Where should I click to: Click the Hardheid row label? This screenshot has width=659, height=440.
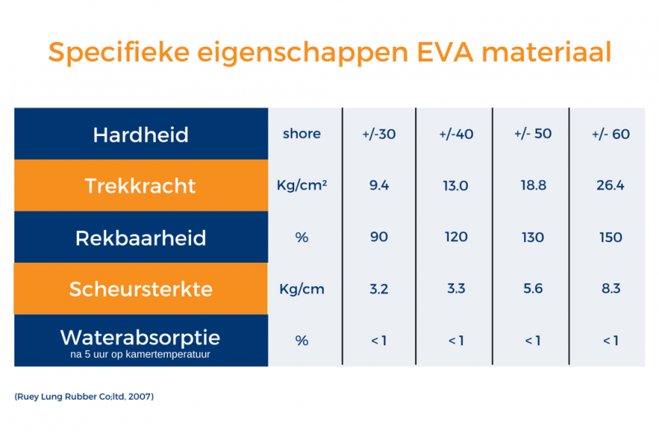(x=141, y=134)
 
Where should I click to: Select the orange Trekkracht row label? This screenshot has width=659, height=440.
(x=141, y=185)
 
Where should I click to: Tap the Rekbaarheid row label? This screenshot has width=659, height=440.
(x=141, y=238)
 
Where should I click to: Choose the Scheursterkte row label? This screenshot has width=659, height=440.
(x=141, y=289)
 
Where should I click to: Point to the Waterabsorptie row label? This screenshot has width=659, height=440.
(x=141, y=337)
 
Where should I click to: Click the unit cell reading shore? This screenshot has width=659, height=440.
(x=301, y=133)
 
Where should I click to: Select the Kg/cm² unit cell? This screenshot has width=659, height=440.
(x=301, y=185)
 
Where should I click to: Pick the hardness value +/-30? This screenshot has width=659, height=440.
(x=379, y=134)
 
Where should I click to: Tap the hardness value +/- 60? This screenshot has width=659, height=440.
(x=610, y=134)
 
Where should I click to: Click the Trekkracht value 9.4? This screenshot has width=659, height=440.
(x=379, y=185)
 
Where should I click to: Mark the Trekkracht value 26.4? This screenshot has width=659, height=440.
(x=610, y=185)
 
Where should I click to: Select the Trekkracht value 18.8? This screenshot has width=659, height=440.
(x=533, y=185)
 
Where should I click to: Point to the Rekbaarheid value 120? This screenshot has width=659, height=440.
(x=456, y=237)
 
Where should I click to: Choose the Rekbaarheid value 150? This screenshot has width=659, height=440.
(x=610, y=237)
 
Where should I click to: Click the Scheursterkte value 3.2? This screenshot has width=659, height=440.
(x=379, y=289)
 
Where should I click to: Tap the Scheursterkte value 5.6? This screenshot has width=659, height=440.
(x=533, y=289)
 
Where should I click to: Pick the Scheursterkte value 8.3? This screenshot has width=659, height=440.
(x=610, y=289)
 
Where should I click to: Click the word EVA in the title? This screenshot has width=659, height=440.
(x=438, y=52)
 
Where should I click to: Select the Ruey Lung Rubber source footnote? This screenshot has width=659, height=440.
(x=84, y=397)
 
